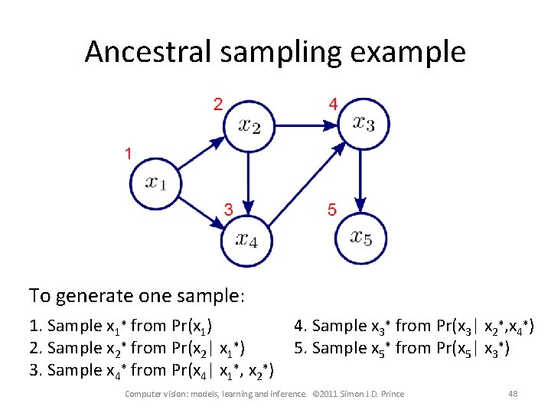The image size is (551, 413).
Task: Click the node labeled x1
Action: click(155, 182)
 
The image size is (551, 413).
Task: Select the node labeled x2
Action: click(247, 125)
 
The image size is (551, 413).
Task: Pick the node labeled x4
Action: click(246, 239)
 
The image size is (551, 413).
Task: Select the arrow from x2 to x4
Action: click(247, 182)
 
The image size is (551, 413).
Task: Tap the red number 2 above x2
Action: click(218, 103)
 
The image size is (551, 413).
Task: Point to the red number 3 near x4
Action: click(228, 209)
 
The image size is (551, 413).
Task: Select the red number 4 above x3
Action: click(332, 103)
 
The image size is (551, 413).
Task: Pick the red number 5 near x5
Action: click(331, 209)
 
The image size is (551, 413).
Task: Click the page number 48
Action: click(513, 394)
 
